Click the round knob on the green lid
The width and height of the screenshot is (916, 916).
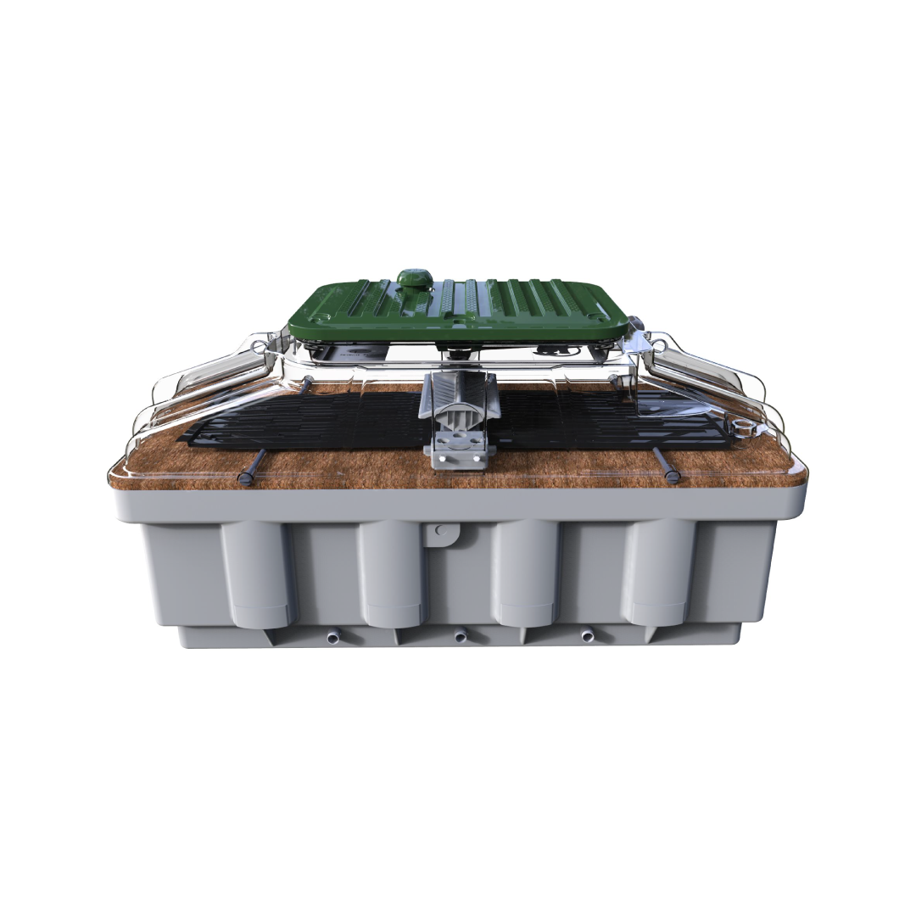tap(413, 279)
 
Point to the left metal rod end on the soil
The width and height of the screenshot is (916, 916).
tap(245, 479)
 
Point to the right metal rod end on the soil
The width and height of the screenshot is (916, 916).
tap(673, 478)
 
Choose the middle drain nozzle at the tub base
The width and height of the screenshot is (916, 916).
tap(461, 636)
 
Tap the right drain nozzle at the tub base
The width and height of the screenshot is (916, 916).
tap(587, 635)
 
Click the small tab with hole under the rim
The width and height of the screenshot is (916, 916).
tap(441, 532)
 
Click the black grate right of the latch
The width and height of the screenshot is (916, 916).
tap(594, 420)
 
